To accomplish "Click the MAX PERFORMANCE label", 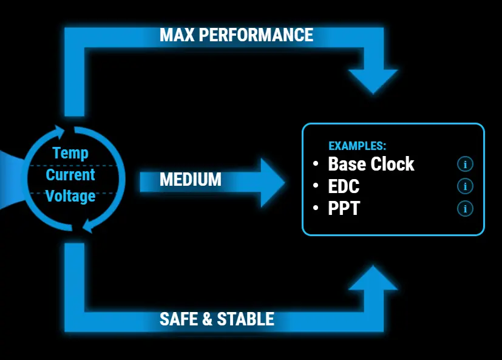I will point(236,35).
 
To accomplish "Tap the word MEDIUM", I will point(191,180).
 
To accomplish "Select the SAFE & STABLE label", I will point(217,319).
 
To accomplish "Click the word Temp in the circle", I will point(70,153).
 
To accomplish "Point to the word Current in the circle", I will point(70,175).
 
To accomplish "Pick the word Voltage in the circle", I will point(70,196).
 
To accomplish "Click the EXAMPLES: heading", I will point(357,146).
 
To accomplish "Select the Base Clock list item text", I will point(371,164).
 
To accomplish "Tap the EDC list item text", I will point(344,186).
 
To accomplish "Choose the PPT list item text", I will point(344,208).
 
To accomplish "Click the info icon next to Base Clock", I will point(465,164).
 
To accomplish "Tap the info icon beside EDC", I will point(465,186).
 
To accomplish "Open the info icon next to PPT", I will point(465,209).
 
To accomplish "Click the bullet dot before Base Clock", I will point(316,164).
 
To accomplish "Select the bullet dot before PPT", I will point(316,209).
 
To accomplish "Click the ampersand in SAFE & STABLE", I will point(206,319).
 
